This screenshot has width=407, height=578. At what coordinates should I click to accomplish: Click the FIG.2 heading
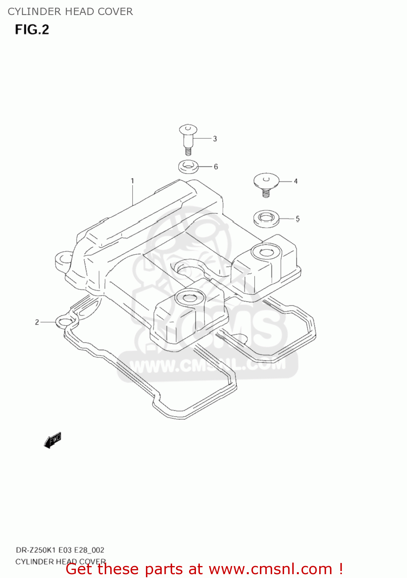32,30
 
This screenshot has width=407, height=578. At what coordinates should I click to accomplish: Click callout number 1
132,181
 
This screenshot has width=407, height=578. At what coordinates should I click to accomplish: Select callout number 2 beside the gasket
37,322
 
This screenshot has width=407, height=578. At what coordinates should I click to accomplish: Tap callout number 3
215,139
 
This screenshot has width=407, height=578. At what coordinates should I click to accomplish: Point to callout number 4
296,181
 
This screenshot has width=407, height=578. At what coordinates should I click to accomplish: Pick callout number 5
298,219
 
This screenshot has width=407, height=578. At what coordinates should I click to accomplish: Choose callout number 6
216,166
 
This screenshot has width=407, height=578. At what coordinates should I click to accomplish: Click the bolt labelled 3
188,138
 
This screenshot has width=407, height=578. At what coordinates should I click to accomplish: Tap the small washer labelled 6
188,167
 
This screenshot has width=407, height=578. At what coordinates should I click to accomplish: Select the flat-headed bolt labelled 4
266,183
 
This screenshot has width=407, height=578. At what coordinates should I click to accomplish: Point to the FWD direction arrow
53,440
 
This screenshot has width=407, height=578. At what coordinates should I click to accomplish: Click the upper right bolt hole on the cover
265,253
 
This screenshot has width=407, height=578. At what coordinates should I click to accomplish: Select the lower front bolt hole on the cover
189,298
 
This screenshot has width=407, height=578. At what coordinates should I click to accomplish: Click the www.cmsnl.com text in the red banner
270,569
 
